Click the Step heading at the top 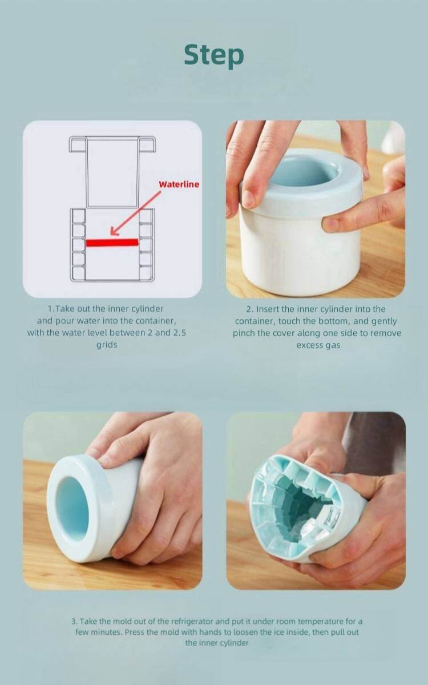point(214,56)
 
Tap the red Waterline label point(179,184)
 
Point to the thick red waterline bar point(112,243)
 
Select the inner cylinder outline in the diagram point(112,172)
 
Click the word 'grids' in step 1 point(107,345)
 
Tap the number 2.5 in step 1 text point(180,333)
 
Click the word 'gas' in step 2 point(333,346)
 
